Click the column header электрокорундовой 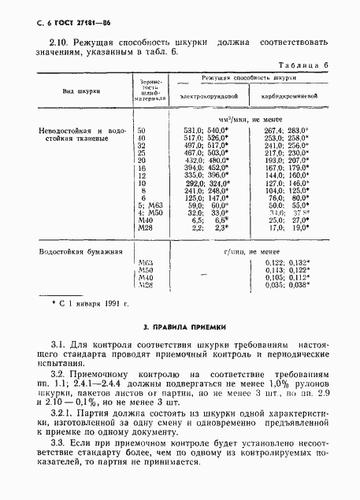209,96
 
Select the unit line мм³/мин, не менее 248,119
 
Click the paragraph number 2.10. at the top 59,40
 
